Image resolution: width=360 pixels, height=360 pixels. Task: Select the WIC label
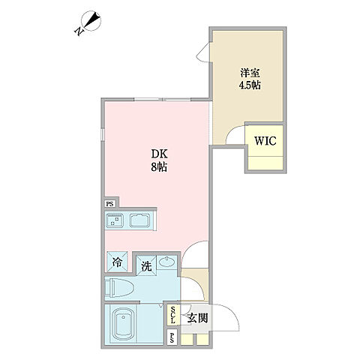coord(264,139)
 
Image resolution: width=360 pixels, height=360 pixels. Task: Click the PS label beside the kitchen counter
coord(109,203)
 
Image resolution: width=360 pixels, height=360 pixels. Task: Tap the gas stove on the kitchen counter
coord(115,220)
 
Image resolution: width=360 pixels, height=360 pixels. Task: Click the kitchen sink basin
coord(140,220)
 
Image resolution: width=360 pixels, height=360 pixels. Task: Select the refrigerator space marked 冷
coord(118,262)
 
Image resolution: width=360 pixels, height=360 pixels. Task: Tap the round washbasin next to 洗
coord(166,262)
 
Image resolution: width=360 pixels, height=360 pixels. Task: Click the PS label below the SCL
coord(173,337)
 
